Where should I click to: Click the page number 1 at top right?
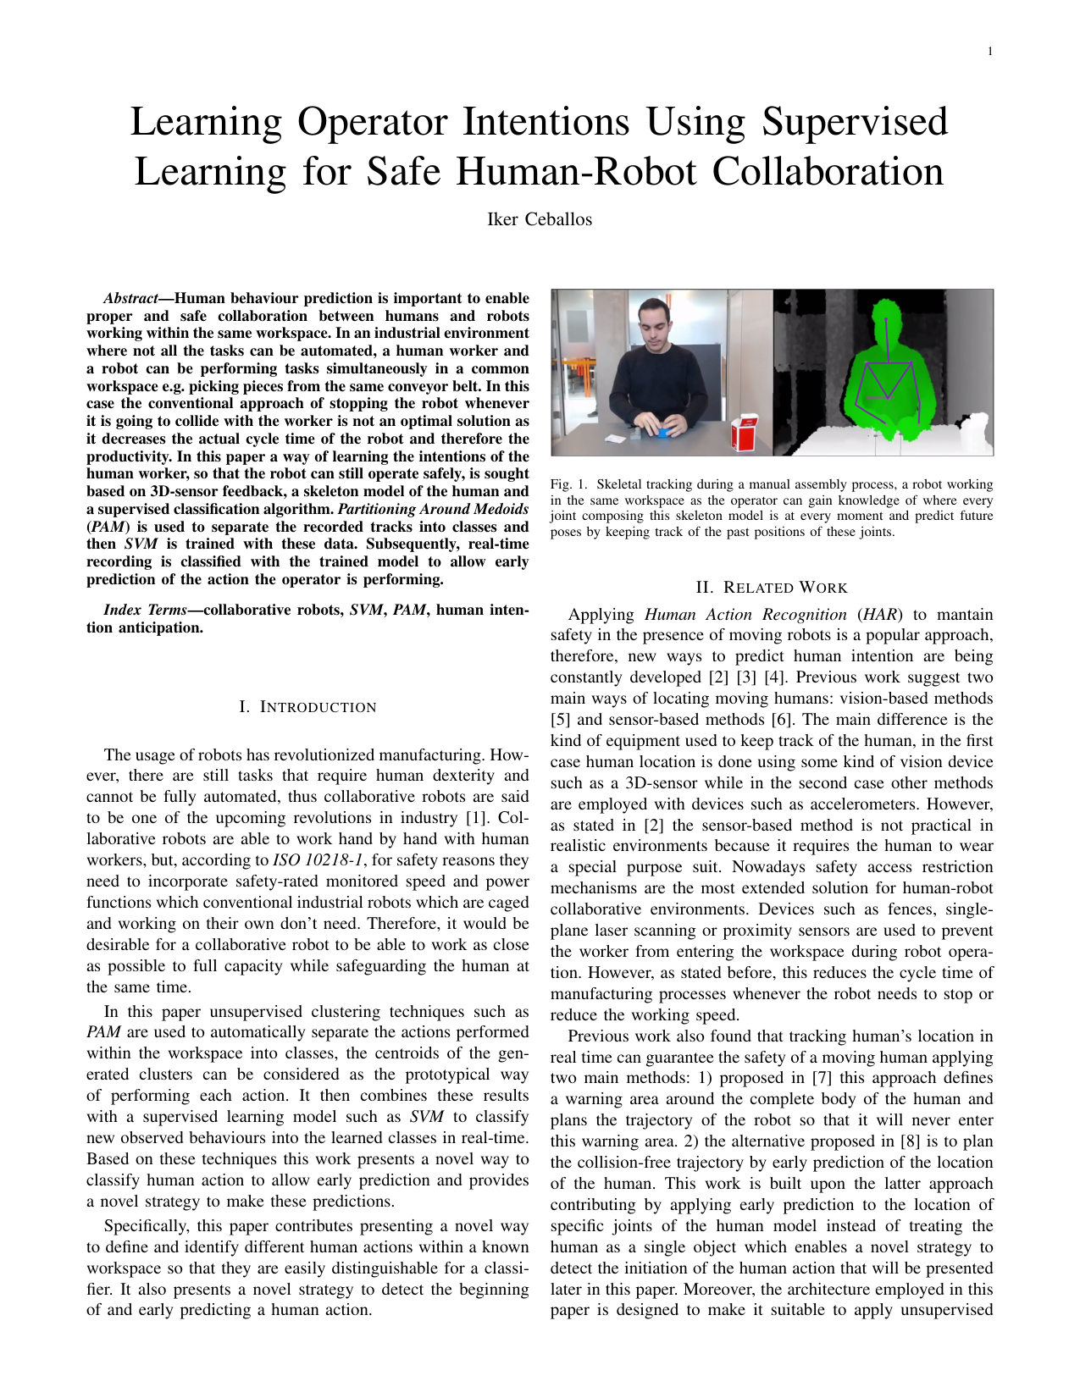click(990, 52)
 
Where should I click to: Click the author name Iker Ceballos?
click(540, 219)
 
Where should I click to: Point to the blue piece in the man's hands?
click(663, 432)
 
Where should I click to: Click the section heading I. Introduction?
click(307, 707)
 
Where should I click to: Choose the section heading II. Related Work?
click(771, 588)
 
